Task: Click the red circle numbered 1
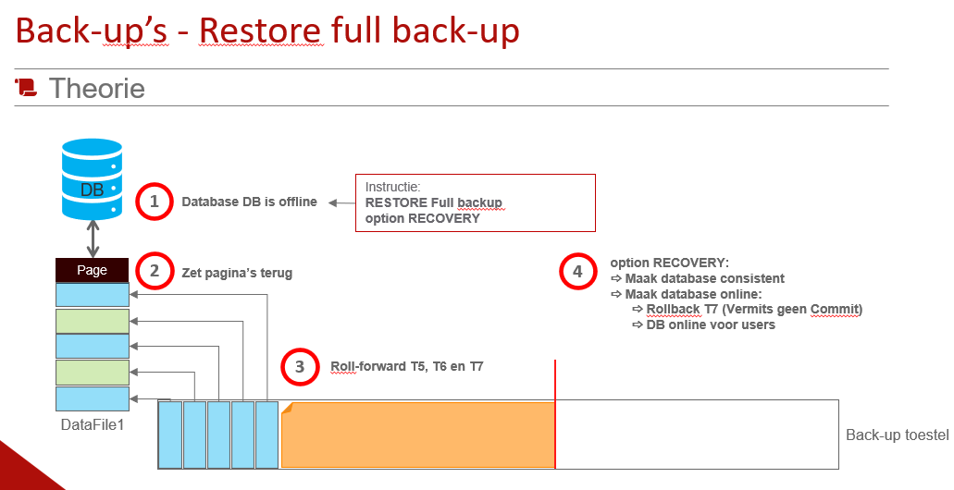tap(155, 202)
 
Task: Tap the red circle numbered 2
tap(155, 272)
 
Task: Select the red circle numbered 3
tap(299, 367)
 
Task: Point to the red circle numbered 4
tap(577, 272)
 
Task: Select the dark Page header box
tap(92, 270)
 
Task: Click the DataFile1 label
tap(92, 424)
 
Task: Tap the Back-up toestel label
tap(897, 435)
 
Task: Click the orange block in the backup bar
tap(416, 435)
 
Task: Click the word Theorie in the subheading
tap(97, 89)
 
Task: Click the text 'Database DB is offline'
tap(249, 202)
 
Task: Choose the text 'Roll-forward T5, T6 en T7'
tap(407, 366)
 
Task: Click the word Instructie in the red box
tap(392, 186)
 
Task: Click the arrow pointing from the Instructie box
tap(341, 202)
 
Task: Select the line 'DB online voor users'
tap(711, 325)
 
